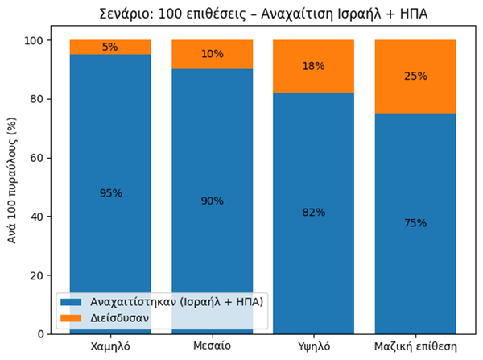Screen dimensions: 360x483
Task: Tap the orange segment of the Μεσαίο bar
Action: pyautogui.click(x=213, y=55)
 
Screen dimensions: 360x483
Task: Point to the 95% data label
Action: pyautogui.click(x=110, y=193)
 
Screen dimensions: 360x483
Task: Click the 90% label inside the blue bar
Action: pyautogui.click(x=213, y=201)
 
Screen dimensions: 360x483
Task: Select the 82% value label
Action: pyautogui.click(x=314, y=213)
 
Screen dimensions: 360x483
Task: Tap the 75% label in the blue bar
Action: pyautogui.click(x=416, y=223)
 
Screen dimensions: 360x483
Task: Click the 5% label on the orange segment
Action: pyautogui.click(x=110, y=47)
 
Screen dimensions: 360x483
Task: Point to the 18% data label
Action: pyautogui.click(x=314, y=66)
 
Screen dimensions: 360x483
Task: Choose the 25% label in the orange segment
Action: pyautogui.click(x=416, y=77)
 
